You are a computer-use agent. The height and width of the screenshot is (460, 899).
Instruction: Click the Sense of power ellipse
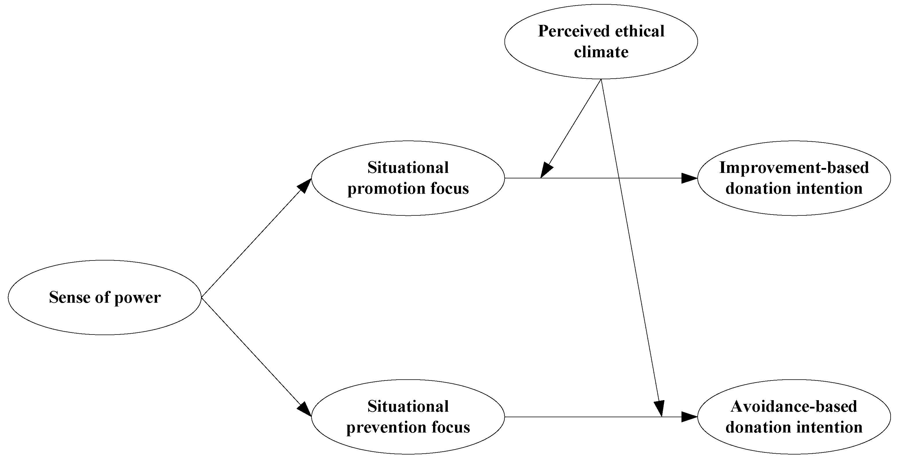point(105,298)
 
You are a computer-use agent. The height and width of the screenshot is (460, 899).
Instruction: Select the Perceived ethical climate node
point(601,42)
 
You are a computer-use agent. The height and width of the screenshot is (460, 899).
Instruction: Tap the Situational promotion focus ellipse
point(408,178)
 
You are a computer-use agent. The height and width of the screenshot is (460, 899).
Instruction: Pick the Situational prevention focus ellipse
point(408,417)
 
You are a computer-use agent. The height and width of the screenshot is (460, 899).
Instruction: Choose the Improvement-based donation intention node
point(794,178)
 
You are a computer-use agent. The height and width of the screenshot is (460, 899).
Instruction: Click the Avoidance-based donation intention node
point(794,417)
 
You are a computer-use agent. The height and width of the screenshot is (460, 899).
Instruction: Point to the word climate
point(601,52)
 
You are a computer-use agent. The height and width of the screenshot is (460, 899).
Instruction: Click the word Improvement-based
point(794,168)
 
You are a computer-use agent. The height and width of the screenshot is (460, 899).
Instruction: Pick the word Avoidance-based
point(794,406)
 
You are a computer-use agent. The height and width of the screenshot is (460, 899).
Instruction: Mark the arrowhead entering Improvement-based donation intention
point(690,178)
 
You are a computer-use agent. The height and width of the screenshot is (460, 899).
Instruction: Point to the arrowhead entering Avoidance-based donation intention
point(690,417)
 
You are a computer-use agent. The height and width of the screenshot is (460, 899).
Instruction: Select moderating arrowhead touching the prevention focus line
point(659,409)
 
